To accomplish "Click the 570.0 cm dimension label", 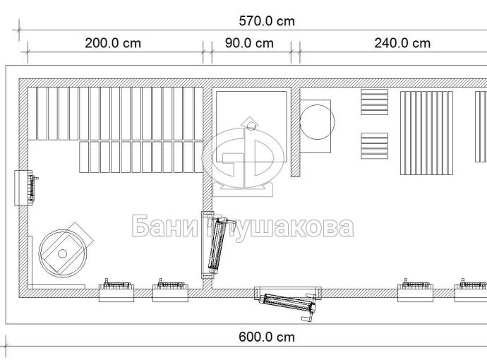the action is tap(267, 21).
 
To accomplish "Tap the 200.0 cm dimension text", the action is tap(113, 43).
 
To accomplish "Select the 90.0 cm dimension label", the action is tap(249, 43).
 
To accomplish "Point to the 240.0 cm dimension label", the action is tap(402, 43).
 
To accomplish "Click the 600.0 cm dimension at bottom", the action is tap(267, 337).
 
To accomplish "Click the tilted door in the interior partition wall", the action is tap(216, 246).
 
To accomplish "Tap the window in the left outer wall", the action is tap(25, 188).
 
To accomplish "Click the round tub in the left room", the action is tap(63, 253).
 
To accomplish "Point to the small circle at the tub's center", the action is tap(62, 253).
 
